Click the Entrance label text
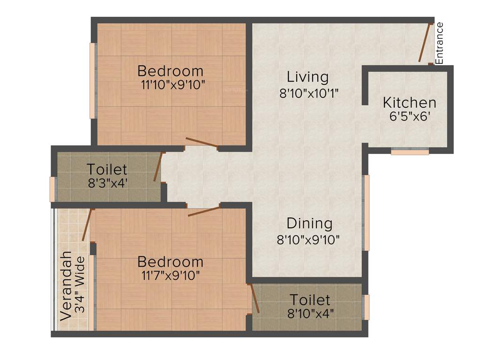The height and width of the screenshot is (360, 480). coord(439,43)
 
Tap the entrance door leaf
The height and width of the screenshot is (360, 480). coord(424,42)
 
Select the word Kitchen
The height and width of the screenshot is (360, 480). coord(409,102)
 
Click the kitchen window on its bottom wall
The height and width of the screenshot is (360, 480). coord(410,152)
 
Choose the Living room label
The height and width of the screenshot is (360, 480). coord(308,76)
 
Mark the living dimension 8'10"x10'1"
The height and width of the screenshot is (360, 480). coord(309,93)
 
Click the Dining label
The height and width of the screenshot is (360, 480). coord(309,223)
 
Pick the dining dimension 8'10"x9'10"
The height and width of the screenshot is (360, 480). coord(308,240)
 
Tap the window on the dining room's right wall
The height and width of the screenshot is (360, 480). coord(367,213)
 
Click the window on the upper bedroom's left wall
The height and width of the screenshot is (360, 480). coord(93,81)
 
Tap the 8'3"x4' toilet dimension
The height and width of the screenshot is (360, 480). coord(107,183)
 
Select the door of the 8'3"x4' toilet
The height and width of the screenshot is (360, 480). coord(158,167)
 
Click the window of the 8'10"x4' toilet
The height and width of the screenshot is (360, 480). coord(367,307)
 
